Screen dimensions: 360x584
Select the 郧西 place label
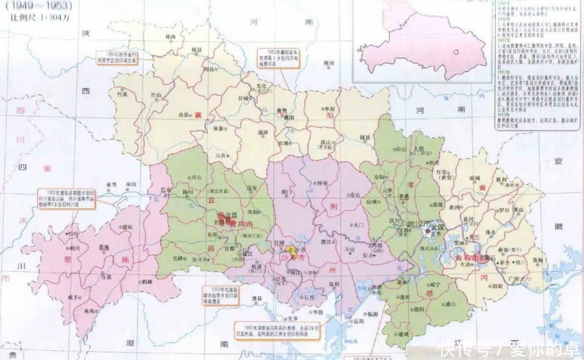click(171, 37)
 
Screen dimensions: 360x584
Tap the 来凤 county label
click(89, 311)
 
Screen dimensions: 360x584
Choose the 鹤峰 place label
click(146, 282)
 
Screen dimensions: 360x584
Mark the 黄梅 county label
click(537, 260)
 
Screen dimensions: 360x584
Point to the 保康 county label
click(218, 129)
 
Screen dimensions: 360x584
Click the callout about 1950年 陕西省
click(117, 57)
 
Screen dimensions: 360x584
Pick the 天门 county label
click(358, 225)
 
